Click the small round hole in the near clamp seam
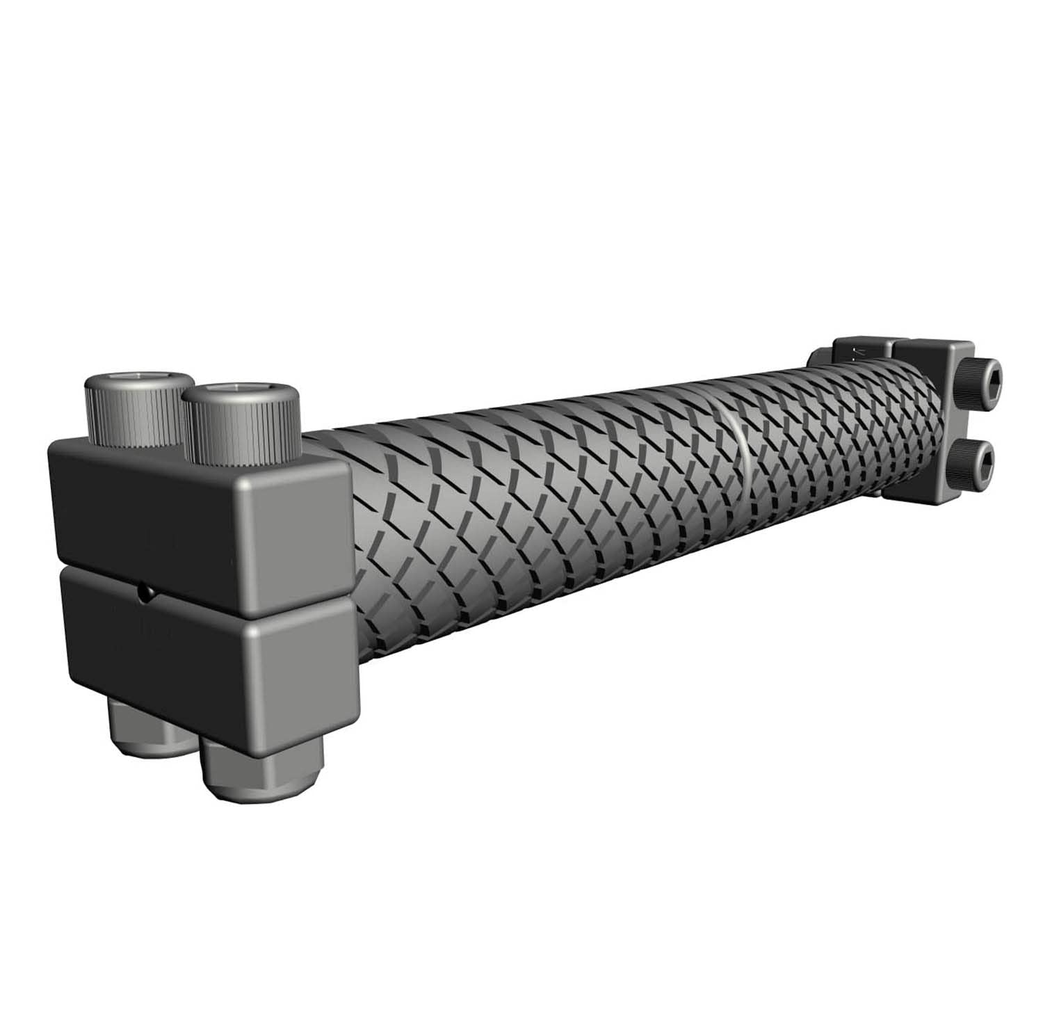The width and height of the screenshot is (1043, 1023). pos(145,592)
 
